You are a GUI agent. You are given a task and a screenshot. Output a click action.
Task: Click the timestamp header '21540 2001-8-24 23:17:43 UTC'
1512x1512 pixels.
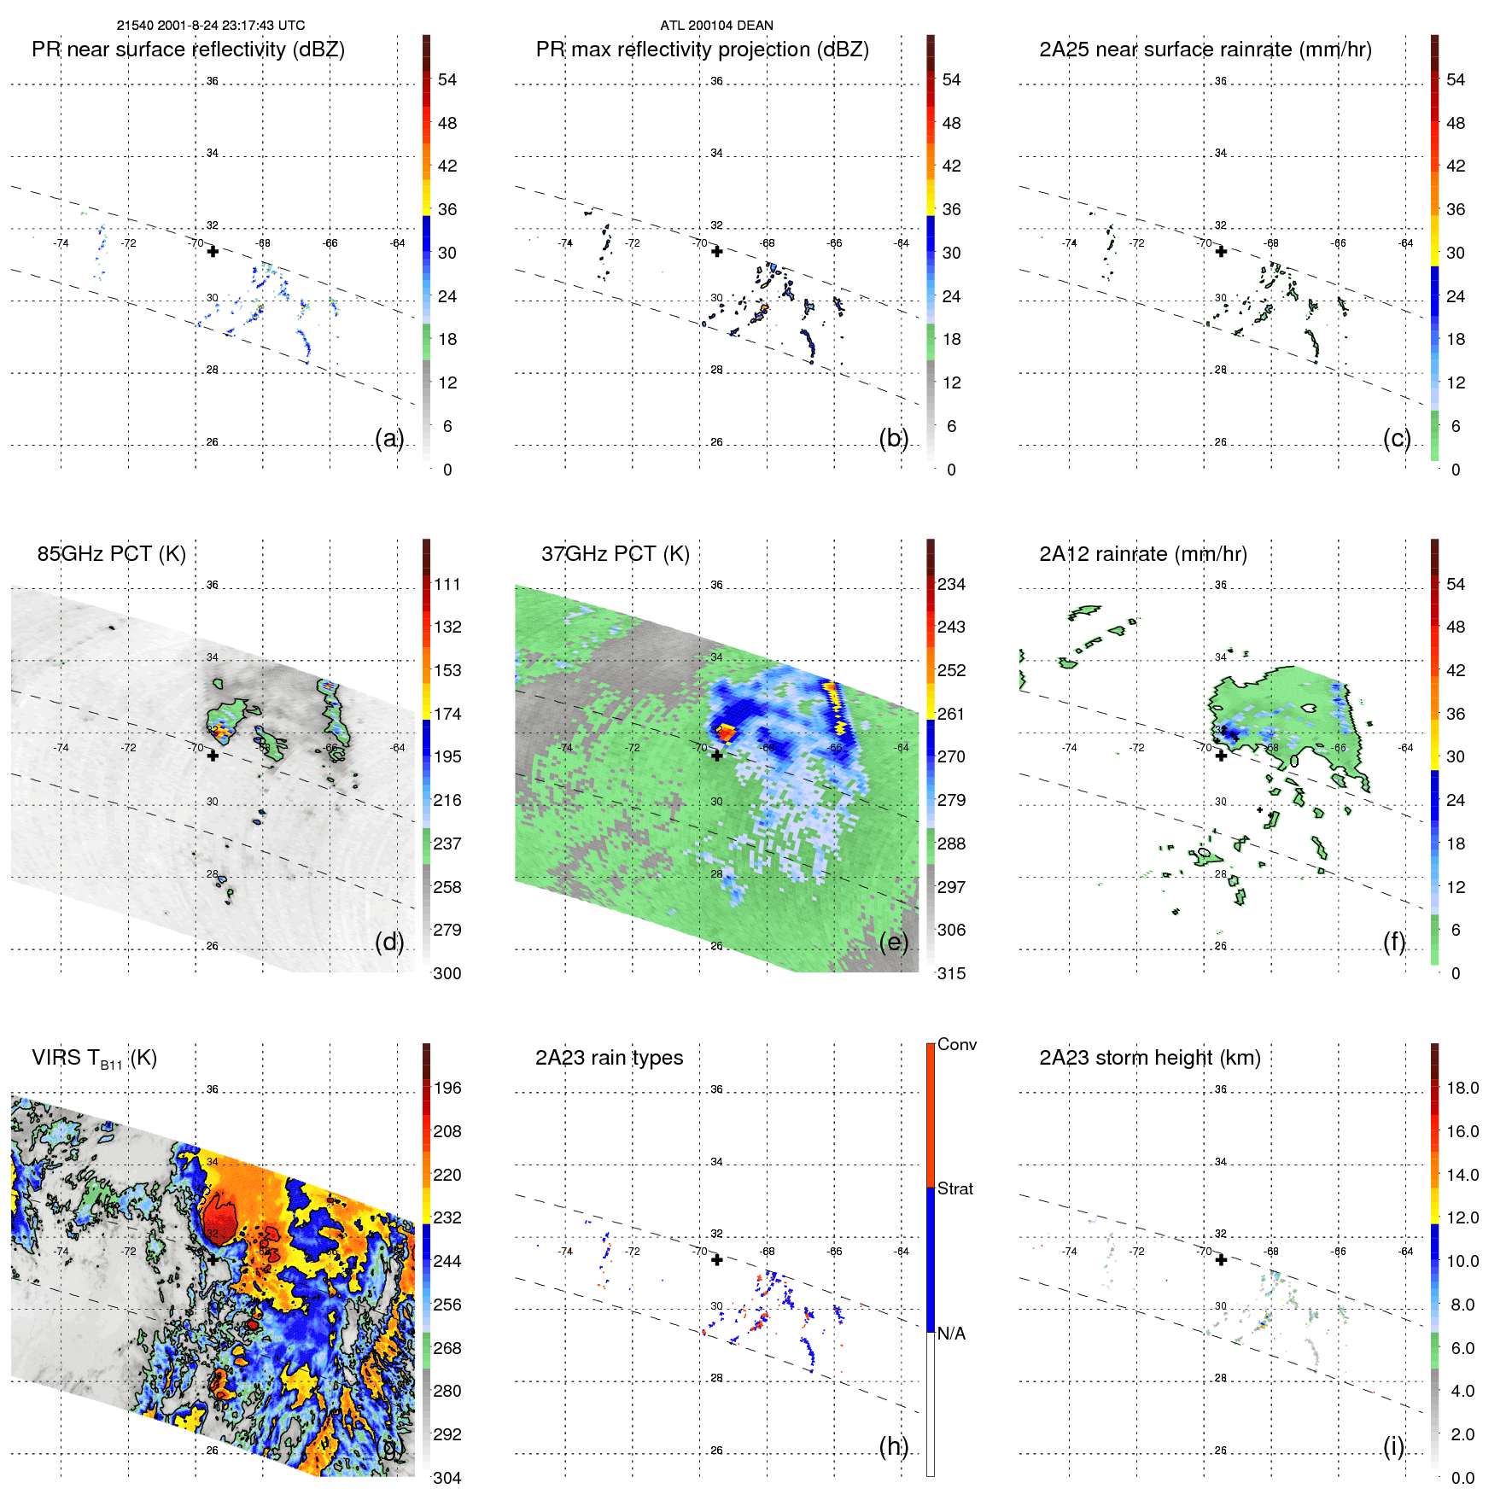coord(210,26)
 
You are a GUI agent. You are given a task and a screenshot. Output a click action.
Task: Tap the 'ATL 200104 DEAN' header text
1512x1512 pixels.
coord(716,26)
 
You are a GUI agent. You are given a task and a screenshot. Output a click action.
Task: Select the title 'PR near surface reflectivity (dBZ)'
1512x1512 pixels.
coord(188,50)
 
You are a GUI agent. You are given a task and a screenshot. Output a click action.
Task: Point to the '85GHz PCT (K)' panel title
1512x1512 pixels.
coord(111,554)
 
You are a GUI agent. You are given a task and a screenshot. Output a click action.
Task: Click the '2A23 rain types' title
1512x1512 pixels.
coord(609,1058)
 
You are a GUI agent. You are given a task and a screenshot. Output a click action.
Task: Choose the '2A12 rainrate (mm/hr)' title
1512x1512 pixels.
coord(1142,554)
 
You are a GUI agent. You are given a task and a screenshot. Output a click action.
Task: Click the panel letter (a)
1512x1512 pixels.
coord(389,439)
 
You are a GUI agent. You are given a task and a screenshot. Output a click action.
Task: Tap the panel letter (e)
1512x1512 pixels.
coord(894,943)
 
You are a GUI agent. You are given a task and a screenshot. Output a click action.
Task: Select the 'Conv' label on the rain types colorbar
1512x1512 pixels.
coord(956,1045)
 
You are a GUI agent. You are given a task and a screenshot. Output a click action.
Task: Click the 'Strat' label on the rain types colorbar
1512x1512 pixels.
coord(954,1189)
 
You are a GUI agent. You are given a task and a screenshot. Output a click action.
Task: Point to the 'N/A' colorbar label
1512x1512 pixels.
coord(951,1334)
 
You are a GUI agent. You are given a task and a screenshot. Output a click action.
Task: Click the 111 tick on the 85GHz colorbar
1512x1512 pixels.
coord(447,585)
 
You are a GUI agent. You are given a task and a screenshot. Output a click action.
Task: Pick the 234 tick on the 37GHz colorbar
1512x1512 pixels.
coord(951,585)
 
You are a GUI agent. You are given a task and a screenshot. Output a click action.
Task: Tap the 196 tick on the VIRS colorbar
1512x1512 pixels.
coord(447,1089)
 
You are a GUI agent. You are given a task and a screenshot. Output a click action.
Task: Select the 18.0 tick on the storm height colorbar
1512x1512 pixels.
coord(1462,1089)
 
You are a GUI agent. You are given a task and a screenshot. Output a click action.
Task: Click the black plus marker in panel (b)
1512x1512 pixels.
coord(717,252)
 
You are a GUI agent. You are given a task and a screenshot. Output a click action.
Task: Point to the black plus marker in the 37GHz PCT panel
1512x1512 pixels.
coord(717,756)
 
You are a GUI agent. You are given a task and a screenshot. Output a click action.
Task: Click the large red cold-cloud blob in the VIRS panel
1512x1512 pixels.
coord(220,1214)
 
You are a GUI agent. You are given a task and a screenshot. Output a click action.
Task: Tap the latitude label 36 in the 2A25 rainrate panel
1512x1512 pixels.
coord(1220,81)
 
